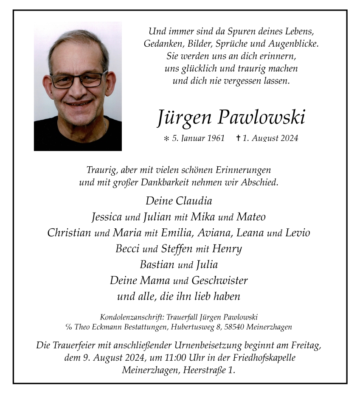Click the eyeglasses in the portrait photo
coord(79,80)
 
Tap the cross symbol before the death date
coord(238,138)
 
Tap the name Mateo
coord(251,217)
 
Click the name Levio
coord(298,233)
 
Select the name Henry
coord(227,249)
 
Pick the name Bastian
coord(157,264)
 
